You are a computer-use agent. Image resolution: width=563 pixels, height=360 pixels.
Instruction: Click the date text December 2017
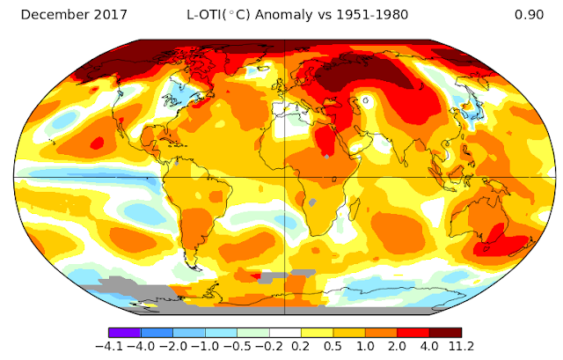[x=74, y=15]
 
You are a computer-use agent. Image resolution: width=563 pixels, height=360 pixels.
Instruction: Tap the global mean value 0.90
[x=529, y=15]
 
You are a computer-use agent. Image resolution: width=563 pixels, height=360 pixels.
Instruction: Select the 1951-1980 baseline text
[x=372, y=15]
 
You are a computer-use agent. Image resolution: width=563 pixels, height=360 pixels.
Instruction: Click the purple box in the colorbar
[x=125, y=333]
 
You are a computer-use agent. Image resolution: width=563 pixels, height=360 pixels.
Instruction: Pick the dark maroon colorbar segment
[x=446, y=333]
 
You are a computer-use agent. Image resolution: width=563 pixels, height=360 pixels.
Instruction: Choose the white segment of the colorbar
[x=285, y=333]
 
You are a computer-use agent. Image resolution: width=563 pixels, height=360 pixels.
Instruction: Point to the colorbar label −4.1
[x=109, y=346]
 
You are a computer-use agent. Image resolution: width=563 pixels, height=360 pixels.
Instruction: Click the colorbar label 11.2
[x=461, y=346]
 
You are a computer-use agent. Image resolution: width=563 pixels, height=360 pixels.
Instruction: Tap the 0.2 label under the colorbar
[x=301, y=346]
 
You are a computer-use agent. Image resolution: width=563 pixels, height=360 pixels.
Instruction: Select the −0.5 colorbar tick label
[x=237, y=346]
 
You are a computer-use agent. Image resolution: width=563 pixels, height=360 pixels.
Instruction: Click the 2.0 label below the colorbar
[x=397, y=346]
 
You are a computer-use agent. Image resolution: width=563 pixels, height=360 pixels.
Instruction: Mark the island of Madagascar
[x=355, y=209]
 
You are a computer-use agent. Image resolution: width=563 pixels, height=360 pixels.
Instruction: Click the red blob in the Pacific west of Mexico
[x=97, y=143]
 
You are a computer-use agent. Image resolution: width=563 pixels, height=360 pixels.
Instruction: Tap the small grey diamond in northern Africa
[x=326, y=157]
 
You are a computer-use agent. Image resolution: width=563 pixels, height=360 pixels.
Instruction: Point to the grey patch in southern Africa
[x=313, y=202]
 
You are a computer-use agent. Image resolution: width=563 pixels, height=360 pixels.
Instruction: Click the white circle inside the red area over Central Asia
[x=366, y=100]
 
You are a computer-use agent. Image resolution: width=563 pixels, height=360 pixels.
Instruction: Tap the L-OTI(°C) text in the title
[x=218, y=15]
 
